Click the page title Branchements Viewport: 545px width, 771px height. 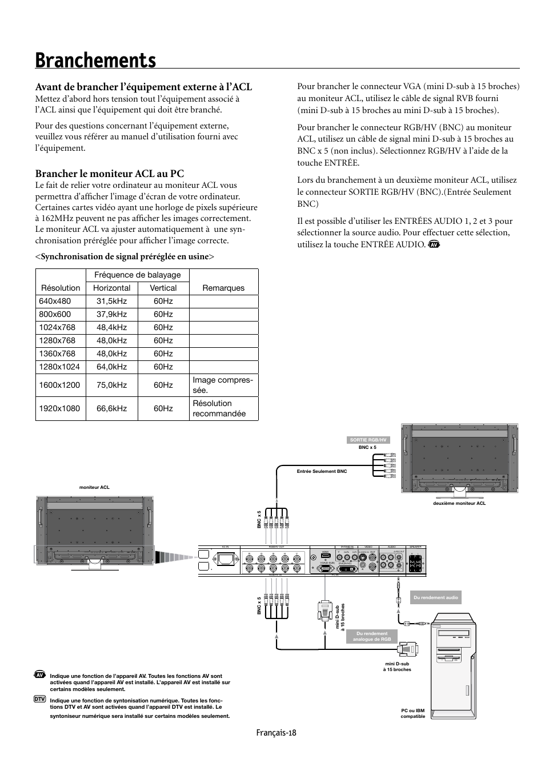click(x=95, y=60)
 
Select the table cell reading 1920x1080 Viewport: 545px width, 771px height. click(x=59, y=408)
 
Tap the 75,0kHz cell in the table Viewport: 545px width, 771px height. click(x=111, y=385)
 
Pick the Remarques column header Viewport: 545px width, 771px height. click(x=223, y=288)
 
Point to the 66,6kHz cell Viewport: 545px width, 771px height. click(x=111, y=408)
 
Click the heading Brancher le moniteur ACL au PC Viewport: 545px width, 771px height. click(x=110, y=173)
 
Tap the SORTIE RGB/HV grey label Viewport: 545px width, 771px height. click(x=368, y=440)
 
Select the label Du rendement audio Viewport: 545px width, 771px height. click(x=435, y=597)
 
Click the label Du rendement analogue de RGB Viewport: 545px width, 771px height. click(x=372, y=636)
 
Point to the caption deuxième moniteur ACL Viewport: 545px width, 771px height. click(x=459, y=503)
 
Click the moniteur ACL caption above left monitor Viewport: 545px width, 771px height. click(x=94, y=487)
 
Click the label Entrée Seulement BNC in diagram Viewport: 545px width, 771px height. click(x=322, y=471)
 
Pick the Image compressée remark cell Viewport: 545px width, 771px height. click(x=223, y=385)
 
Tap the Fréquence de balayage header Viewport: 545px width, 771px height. click(x=137, y=275)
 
